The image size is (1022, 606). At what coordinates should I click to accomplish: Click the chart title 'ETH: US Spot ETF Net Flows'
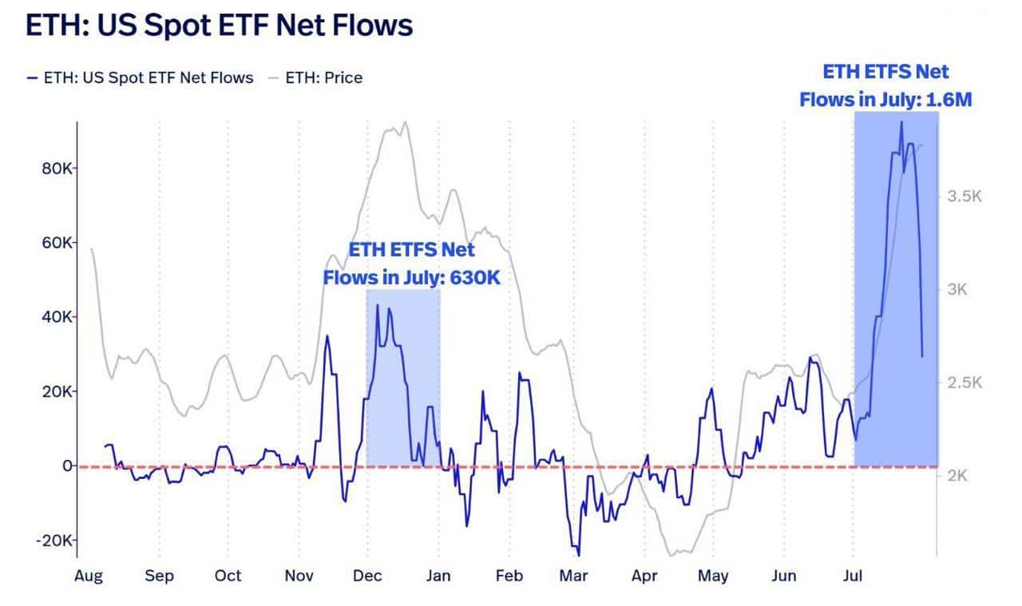tap(220, 25)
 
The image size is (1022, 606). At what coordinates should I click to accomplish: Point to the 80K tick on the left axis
tap(57, 168)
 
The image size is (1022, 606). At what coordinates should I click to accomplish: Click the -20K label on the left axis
tap(54, 541)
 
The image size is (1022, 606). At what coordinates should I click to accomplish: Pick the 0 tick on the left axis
tap(68, 465)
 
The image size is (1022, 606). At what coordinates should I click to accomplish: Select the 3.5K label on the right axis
tap(964, 196)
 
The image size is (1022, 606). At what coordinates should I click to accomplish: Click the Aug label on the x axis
tap(89, 576)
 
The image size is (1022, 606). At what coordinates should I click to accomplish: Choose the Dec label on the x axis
tap(367, 576)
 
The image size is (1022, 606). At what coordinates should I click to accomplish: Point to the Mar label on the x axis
tap(574, 576)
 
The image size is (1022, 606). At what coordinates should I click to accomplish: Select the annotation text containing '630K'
tap(411, 263)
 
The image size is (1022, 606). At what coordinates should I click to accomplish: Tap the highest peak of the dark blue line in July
tap(901, 122)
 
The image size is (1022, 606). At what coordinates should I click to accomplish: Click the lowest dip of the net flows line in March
tap(578, 555)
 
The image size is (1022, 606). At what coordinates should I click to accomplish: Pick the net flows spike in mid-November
tap(327, 336)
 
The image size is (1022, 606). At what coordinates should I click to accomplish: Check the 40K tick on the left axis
tap(57, 317)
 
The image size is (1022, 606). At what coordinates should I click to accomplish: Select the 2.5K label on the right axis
tap(964, 382)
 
